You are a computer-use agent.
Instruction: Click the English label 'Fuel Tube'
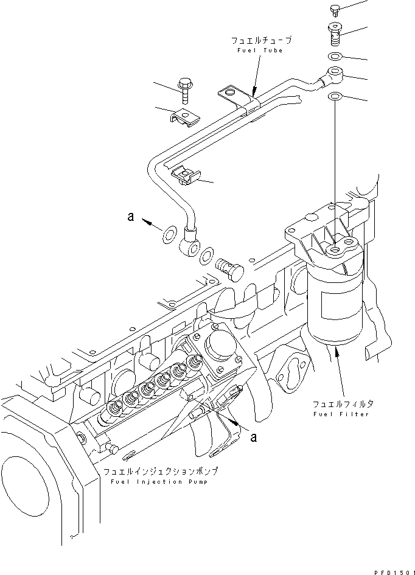tap(260, 50)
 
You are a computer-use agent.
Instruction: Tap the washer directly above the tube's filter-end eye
tap(334, 57)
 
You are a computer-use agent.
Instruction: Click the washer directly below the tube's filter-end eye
tap(335, 97)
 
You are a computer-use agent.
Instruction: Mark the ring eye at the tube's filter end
tap(334, 77)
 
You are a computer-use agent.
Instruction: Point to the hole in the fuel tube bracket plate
tap(229, 92)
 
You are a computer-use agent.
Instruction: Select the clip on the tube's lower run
tap(186, 177)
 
